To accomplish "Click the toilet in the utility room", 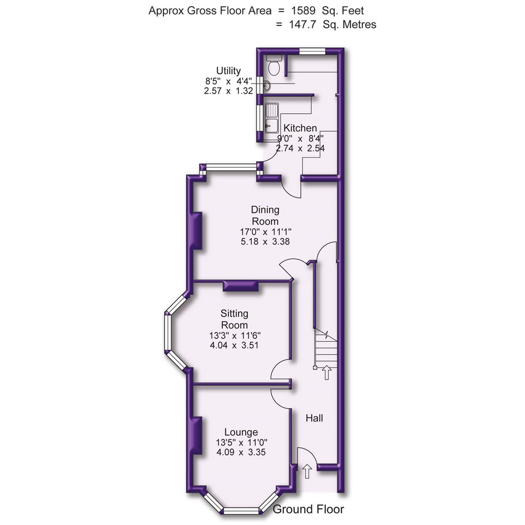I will pyautogui.click(x=274, y=66).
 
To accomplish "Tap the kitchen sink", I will pyautogui.click(x=271, y=117).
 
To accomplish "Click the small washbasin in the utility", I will pyautogui.click(x=266, y=87).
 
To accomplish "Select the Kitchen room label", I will pyautogui.click(x=300, y=128).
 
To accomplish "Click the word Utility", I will pyautogui.click(x=228, y=71).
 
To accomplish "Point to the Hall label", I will pyautogui.click(x=314, y=418).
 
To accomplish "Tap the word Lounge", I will pyautogui.click(x=241, y=432).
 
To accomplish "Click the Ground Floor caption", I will pyautogui.click(x=308, y=509).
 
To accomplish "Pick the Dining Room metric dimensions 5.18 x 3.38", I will pyautogui.click(x=265, y=241).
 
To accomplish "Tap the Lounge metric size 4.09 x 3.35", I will pyautogui.click(x=241, y=452).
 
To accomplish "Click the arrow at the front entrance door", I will pyautogui.click(x=307, y=471).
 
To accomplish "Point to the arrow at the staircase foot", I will pyautogui.click(x=327, y=372).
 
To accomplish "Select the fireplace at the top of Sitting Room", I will pyautogui.click(x=241, y=286).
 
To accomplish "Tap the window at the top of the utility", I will pyautogui.click(x=312, y=50).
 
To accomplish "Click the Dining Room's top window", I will pyautogui.click(x=230, y=168).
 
